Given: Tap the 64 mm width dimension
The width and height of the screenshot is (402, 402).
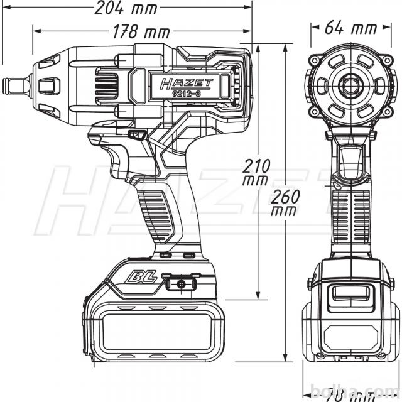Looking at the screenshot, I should click(x=351, y=28).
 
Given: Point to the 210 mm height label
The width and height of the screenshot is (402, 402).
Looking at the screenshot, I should click(x=257, y=172).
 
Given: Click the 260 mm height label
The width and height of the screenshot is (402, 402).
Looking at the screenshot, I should click(x=284, y=202).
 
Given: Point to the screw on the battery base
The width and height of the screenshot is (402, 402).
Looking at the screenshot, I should click(x=182, y=284).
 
